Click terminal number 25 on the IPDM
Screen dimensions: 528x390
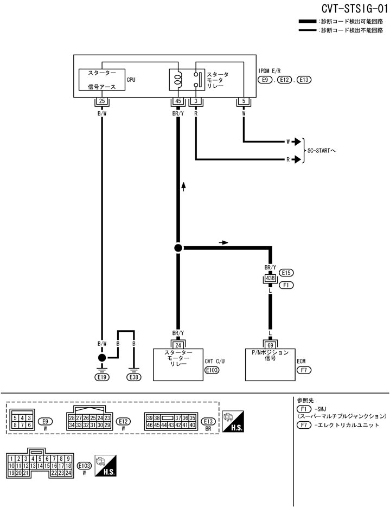pyautogui.click(x=101, y=101)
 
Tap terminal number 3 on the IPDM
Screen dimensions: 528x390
pyautogui.click(x=195, y=101)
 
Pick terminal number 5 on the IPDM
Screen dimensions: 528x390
pyautogui.click(x=244, y=101)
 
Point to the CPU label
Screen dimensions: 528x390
pyautogui.click(x=131, y=80)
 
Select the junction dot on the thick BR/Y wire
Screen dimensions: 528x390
pyautogui.click(x=178, y=248)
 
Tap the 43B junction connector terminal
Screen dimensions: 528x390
pyautogui.click(x=270, y=279)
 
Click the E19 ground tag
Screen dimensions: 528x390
pyautogui.click(x=101, y=376)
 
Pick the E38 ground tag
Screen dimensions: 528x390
pyautogui.click(x=133, y=376)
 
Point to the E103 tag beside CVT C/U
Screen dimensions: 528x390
pyautogui.click(x=212, y=370)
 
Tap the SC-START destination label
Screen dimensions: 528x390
pyautogui.click(x=322, y=150)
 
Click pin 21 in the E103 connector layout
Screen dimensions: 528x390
pyautogui.click(x=25, y=473)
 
